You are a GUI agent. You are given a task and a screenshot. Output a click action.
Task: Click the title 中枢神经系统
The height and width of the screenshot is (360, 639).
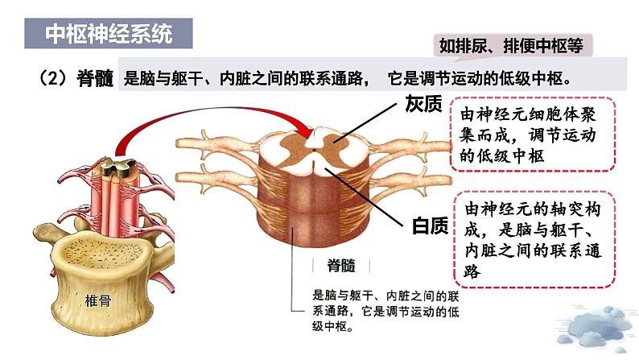pos(109,35)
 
